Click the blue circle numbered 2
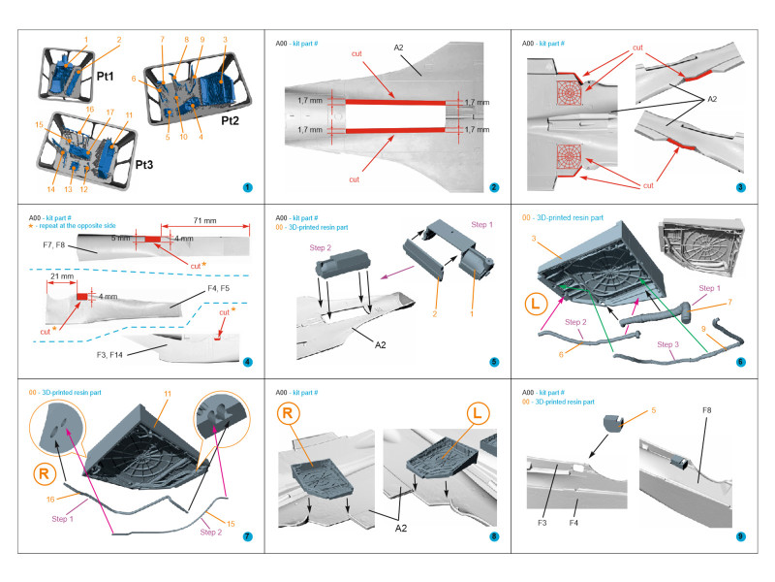coord(493,187)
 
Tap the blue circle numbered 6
coord(740,362)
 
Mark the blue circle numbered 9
coord(740,535)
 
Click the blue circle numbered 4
coord(247,362)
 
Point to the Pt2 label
coord(230,120)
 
